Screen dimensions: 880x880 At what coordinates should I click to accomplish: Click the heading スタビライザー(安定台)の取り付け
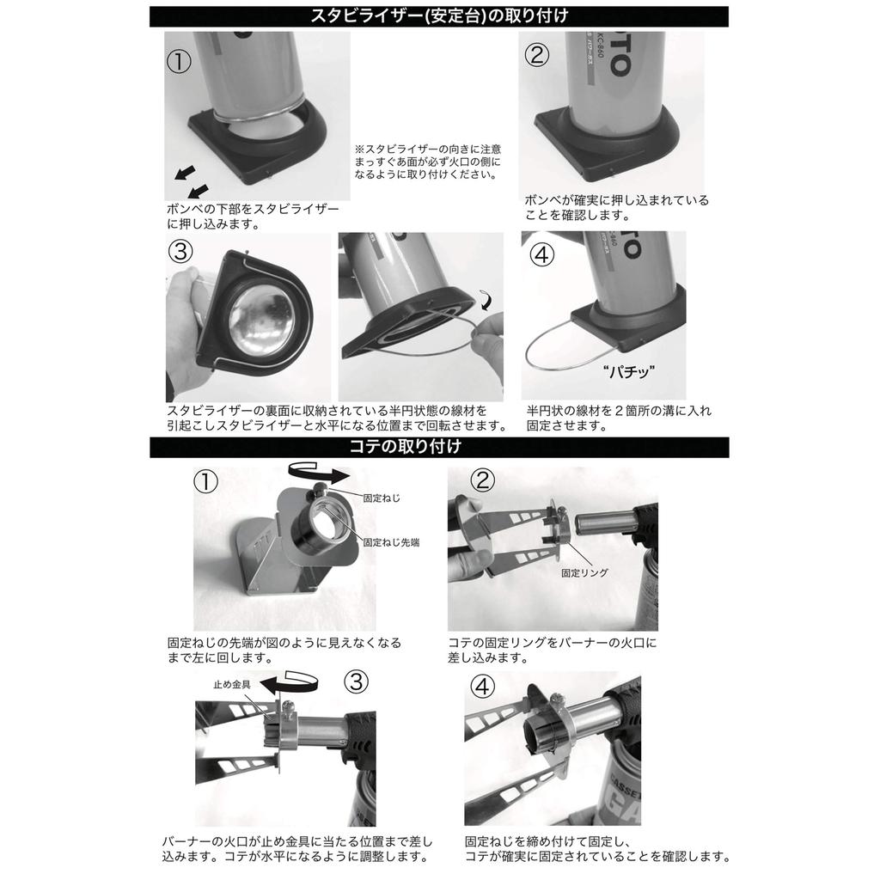point(439,15)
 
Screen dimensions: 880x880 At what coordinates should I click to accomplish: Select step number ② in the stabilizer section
point(536,55)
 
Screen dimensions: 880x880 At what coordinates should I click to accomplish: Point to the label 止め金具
point(232,685)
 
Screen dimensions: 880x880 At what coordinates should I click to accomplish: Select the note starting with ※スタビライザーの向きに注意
point(427,161)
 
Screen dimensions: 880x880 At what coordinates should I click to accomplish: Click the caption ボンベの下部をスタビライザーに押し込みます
point(253,217)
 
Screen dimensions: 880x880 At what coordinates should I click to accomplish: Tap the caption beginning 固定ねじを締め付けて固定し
point(597,850)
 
